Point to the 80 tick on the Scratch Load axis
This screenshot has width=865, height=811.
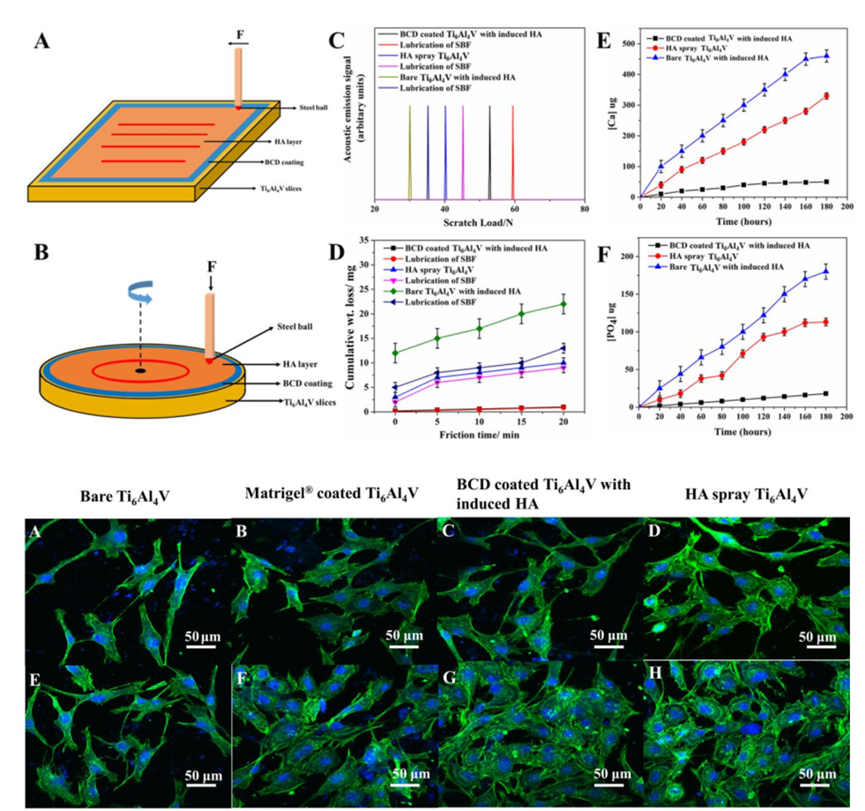pos(583,208)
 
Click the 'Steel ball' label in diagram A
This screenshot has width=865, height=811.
pos(302,107)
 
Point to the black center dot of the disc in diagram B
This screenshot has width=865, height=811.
pos(140,370)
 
